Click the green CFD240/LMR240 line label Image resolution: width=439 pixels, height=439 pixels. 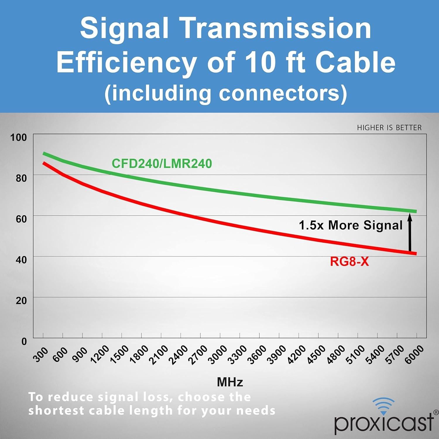click(x=162, y=164)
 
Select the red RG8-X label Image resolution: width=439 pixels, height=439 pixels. click(x=349, y=261)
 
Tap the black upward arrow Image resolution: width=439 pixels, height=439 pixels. click(x=410, y=233)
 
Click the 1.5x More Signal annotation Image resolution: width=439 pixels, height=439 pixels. click(x=351, y=225)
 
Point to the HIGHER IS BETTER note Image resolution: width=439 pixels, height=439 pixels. click(x=389, y=128)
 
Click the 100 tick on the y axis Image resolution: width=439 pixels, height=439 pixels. click(x=18, y=137)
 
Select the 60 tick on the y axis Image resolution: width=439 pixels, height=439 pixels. click(x=21, y=219)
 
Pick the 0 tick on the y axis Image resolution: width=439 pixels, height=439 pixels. click(x=24, y=341)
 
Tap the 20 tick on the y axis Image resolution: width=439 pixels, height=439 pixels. click(x=21, y=301)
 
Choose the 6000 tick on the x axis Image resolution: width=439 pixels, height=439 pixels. click(x=414, y=354)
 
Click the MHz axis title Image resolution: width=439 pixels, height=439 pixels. click(x=230, y=382)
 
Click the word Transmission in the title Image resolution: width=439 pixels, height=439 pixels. click(x=277, y=28)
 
